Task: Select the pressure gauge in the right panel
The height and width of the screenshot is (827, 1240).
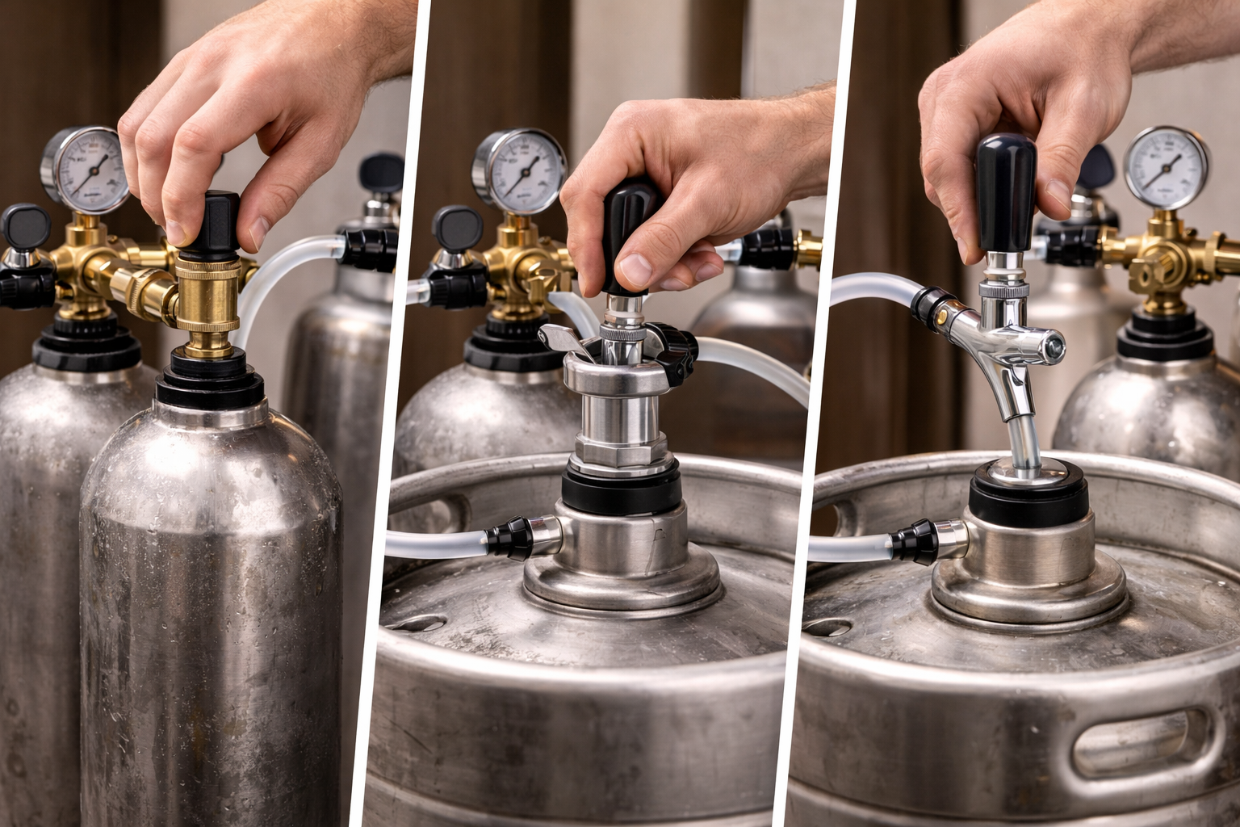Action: [x=1166, y=166]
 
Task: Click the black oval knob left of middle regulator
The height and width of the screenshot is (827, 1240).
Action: [x=457, y=228]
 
